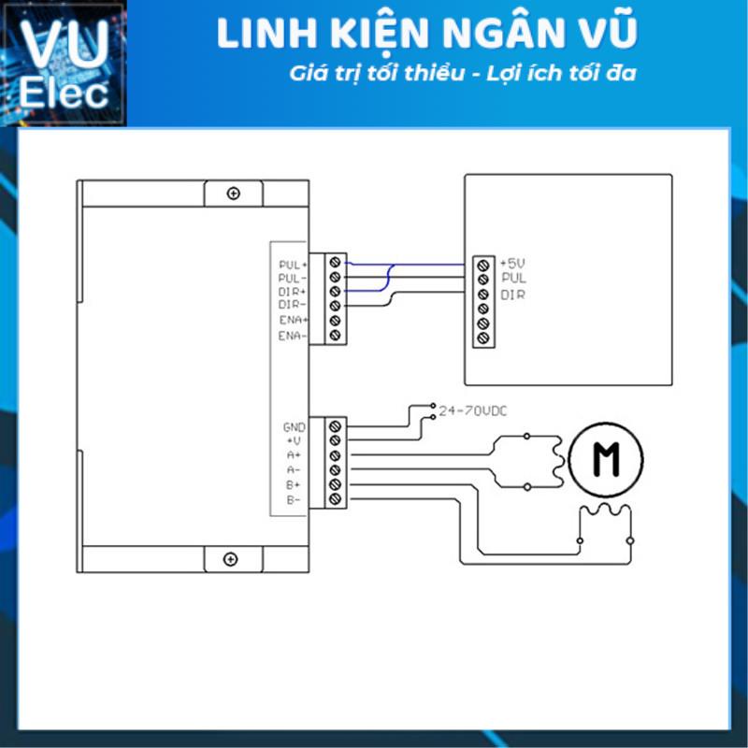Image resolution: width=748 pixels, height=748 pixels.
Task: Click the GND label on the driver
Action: [294, 426]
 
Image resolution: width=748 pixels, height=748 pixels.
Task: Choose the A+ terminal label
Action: [294, 455]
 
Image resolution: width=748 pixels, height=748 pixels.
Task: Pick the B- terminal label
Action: [294, 500]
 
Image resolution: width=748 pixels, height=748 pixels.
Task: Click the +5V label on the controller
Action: [514, 264]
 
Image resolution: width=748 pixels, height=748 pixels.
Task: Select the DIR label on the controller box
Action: [512, 295]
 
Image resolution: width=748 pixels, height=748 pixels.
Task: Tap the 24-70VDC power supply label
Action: [473, 410]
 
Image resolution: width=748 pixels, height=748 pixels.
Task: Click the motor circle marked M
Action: [606, 457]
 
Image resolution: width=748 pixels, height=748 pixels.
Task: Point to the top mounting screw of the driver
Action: [232, 194]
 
